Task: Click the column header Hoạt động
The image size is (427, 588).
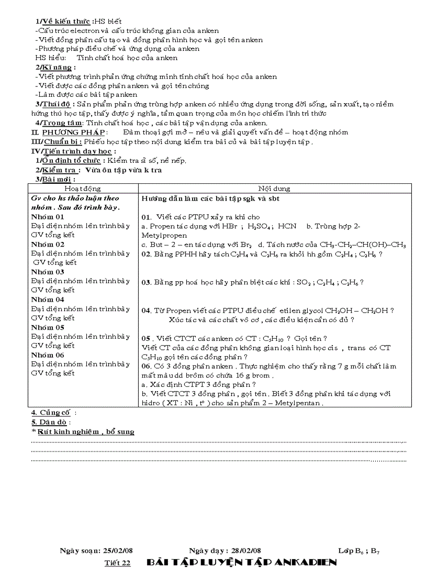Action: click(x=83, y=188)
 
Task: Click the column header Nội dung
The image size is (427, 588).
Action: click(x=274, y=188)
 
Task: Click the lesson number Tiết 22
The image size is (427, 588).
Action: click(x=117, y=563)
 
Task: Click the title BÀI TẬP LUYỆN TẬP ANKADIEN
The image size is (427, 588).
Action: click(x=241, y=562)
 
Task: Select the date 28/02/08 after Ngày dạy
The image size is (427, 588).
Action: click(x=245, y=551)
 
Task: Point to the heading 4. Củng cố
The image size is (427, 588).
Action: click(x=53, y=413)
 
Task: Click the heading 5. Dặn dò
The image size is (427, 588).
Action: click(x=50, y=422)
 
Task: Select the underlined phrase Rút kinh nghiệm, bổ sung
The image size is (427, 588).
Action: click(x=85, y=432)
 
